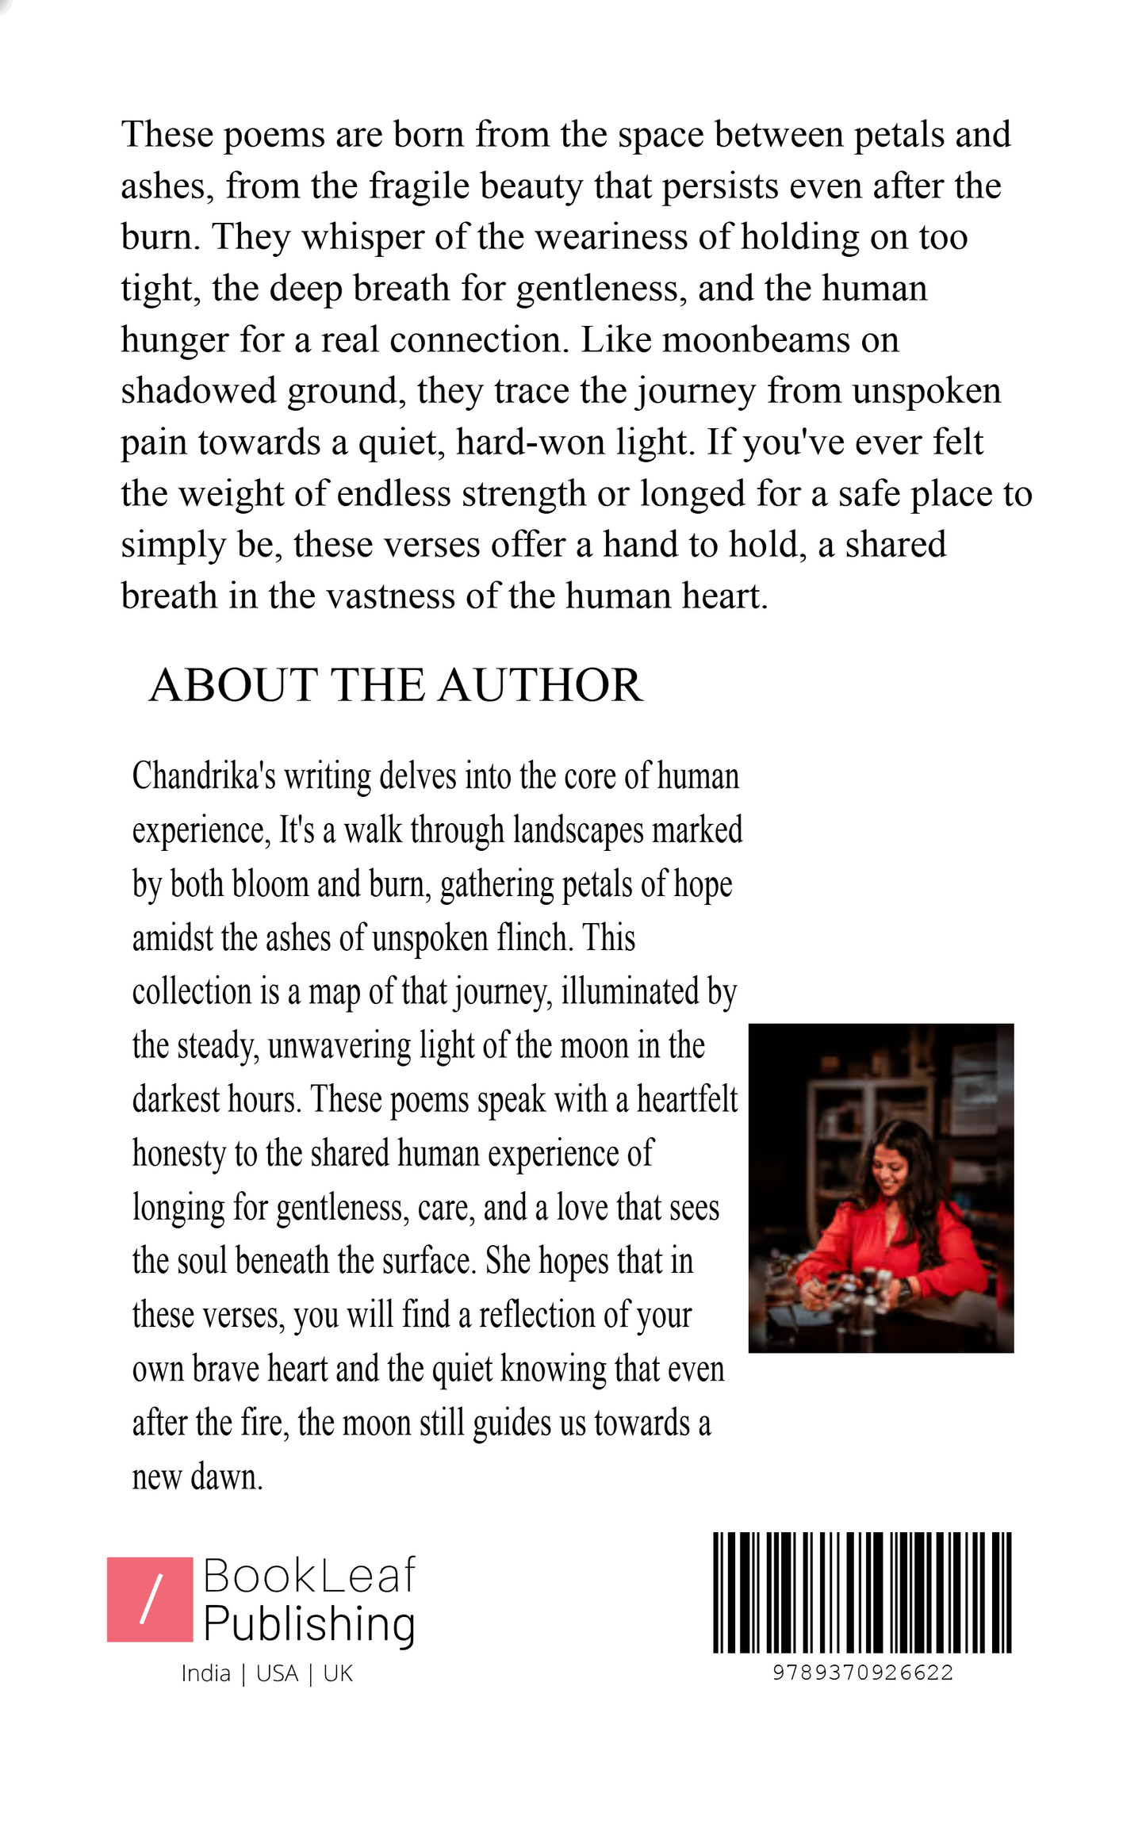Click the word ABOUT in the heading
click(x=232, y=685)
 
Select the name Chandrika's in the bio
click(x=204, y=776)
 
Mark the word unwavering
click(x=339, y=1046)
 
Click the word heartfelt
click(x=687, y=1100)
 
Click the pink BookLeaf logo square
click(x=150, y=1600)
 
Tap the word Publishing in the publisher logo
click(x=309, y=1625)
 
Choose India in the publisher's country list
click(x=205, y=1674)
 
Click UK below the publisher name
click(x=338, y=1674)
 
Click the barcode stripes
click(x=862, y=1592)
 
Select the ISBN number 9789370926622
click(x=863, y=1672)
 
